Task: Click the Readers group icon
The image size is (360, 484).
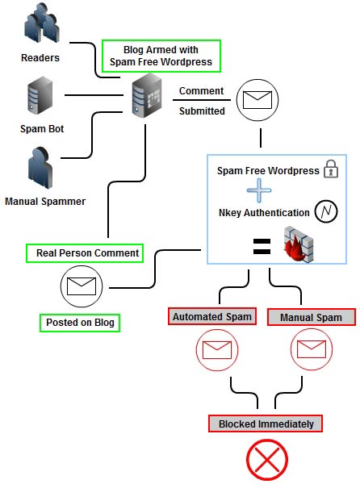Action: coord(42,23)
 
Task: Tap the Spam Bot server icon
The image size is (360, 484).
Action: coord(40,95)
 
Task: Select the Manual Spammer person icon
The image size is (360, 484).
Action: coord(40,168)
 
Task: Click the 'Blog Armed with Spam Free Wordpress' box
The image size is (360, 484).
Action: coord(161,56)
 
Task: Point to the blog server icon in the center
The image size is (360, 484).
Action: coord(147,96)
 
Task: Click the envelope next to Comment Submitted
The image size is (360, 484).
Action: coord(257,100)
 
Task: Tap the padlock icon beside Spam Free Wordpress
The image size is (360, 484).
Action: coord(331,169)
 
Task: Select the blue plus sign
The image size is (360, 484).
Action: coord(259,190)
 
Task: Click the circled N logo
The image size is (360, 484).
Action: coord(326,211)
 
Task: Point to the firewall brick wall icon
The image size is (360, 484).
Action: coord(299,244)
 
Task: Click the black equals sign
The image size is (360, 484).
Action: coord(262,246)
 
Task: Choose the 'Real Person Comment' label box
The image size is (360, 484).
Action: coord(85,253)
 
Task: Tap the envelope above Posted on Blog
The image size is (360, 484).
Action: coord(82,286)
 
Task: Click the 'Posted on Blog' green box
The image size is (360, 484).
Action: coord(80,323)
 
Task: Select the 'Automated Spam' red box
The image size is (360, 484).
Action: coord(212,316)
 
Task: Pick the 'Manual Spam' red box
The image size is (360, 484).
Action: coord(312,317)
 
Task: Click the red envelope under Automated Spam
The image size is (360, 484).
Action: coord(217,350)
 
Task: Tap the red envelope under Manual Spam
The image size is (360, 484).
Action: coord(312,349)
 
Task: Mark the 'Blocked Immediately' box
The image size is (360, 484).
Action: coord(266,423)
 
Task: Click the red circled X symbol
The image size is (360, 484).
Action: coord(267,460)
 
